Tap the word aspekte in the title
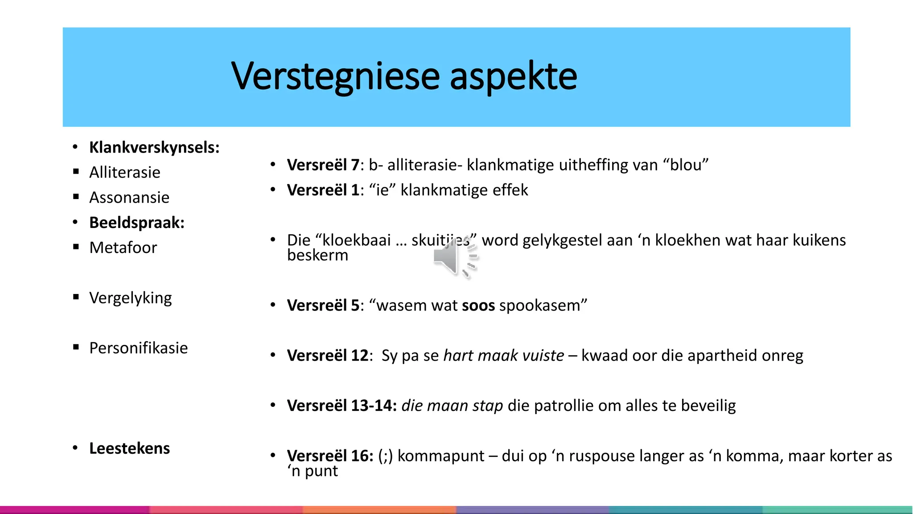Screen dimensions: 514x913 [x=513, y=76]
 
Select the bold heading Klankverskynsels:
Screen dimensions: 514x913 [x=154, y=147]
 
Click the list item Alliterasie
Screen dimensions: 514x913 [x=125, y=172]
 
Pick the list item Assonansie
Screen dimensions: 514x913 [x=129, y=197]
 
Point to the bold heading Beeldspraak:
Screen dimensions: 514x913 [x=137, y=222]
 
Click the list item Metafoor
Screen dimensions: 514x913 [x=123, y=247]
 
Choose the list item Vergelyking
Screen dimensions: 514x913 [x=130, y=298]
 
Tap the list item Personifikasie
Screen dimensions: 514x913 [x=139, y=348]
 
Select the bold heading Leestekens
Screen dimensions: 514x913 [x=129, y=448]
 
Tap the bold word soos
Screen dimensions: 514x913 [x=478, y=305]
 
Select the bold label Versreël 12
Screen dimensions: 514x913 [x=328, y=355]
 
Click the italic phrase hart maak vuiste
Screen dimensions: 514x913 [x=504, y=355]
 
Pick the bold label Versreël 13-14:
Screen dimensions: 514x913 [x=342, y=406]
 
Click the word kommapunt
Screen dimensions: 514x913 [x=440, y=456]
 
